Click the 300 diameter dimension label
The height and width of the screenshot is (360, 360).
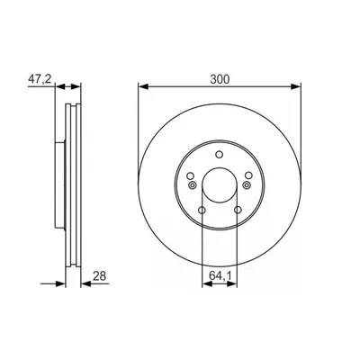tap(220, 79)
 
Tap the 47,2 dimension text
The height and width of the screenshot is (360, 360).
tap(40, 79)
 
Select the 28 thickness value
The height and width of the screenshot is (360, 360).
tap(99, 275)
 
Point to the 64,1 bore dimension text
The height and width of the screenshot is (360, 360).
tap(220, 275)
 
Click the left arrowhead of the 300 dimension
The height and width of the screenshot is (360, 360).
tap(143, 86)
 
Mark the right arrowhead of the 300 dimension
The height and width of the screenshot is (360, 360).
tap(295, 86)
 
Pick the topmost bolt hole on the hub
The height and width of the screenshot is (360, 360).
tap(220, 155)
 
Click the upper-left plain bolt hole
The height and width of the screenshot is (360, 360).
tap(190, 175)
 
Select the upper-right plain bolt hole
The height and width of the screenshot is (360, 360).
tap(248, 175)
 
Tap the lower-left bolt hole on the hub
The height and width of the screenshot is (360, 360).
tap(202, 210)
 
